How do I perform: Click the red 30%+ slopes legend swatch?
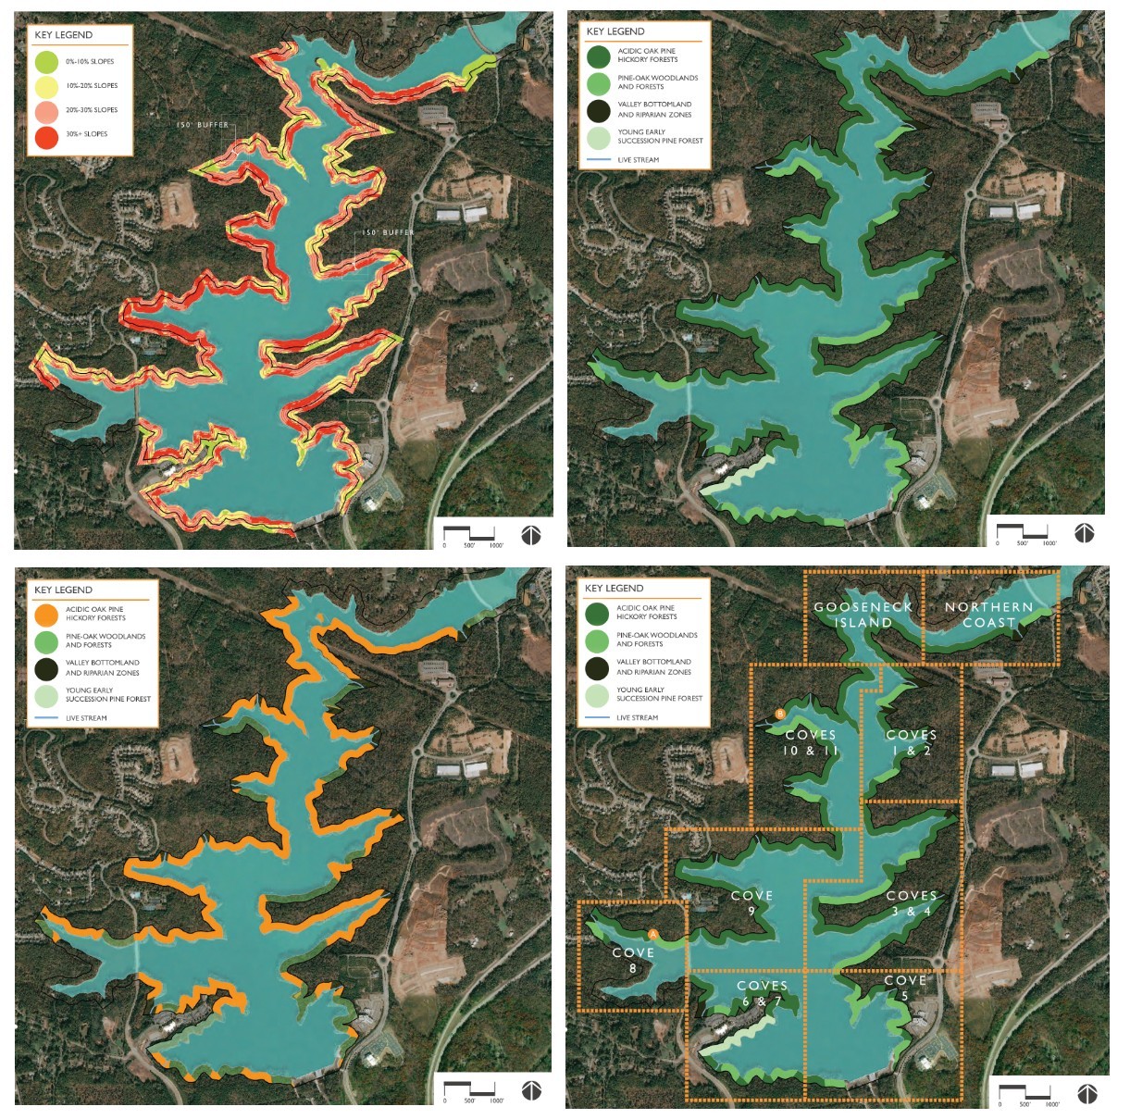[47, 135]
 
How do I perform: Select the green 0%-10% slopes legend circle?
[47, 62]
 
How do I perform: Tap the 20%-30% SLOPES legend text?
[92, 110]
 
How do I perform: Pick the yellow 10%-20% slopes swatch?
[47, 86]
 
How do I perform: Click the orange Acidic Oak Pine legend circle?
[46, 614]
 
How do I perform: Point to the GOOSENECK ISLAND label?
[863, 615]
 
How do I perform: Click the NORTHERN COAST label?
[988, 615]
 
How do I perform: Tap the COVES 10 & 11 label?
[811, 742]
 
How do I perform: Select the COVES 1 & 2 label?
[912, 742]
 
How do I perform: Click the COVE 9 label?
[751, 902]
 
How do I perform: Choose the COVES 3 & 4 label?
[912, 902]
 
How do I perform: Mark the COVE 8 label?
[633, 960]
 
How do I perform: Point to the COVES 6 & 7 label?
[762, 993]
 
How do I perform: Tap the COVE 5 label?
[905, 988]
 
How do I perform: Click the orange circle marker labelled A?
[652, 934]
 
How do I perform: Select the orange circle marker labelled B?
[780, 714]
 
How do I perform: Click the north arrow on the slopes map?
[530, 535]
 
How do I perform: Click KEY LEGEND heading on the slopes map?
[64, 35]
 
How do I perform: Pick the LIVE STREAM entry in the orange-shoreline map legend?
[86, 718]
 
